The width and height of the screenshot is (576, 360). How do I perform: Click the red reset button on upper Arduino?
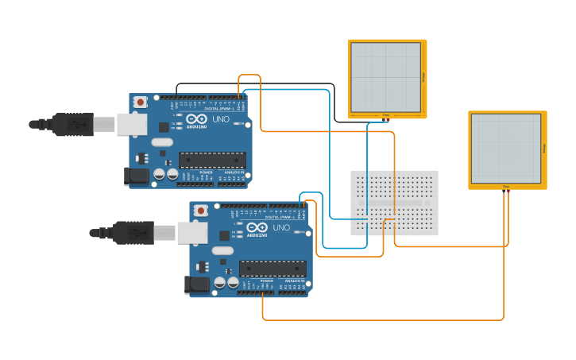(x=141, y=102)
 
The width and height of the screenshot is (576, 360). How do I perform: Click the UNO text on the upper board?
(x=221, y=119)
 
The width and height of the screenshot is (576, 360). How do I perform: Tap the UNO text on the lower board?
(x=281, y=227)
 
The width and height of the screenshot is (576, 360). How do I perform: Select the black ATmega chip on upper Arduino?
(x=211, y=160)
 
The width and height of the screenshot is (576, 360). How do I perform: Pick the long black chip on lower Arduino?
(x=272, y=268)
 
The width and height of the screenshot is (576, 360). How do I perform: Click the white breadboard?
(x=394, y=203)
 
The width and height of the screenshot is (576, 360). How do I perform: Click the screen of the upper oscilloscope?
(x=386, y=77)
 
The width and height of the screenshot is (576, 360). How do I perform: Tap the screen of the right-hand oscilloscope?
(x=506, y=149)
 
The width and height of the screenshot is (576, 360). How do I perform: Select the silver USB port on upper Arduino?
(x=132, y=124)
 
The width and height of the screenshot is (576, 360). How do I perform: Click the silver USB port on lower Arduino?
(x=192, y=232)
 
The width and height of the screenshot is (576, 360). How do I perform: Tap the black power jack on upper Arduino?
(x=136, y=176)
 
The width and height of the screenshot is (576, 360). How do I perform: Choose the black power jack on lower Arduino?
(x=196, y=284)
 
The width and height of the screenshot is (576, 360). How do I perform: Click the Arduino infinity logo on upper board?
(x=196, y=119)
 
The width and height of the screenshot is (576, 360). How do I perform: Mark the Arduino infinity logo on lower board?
(x=257, y=227)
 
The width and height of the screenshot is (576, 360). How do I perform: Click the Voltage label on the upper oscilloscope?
(x=423, y=77)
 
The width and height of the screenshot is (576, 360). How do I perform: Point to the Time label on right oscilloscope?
(x=506, y=187)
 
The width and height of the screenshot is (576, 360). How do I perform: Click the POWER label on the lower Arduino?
(x=267, y=280)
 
